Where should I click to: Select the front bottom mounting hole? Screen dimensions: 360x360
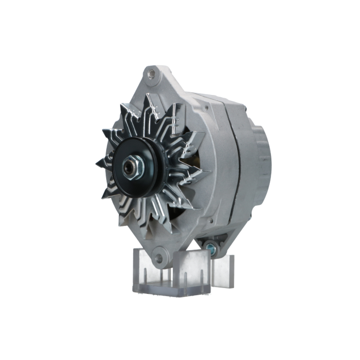[x=159, y=257]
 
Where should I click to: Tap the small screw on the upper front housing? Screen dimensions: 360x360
[x=206, y=107]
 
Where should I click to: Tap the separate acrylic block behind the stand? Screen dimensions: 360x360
[x=223, y=270]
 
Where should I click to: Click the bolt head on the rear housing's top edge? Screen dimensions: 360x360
[x=245, y=107]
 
